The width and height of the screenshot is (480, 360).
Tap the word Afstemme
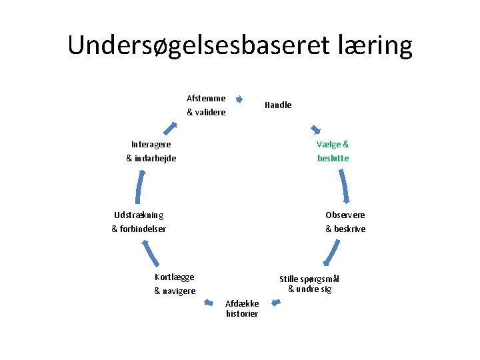(206, 98)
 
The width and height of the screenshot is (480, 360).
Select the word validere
(210, 113)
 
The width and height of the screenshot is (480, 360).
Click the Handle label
(278, 105)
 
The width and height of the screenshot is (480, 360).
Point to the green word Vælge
(329, 144)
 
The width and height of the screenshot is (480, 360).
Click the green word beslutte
(333, 159)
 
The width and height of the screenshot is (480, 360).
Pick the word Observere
(345, 215)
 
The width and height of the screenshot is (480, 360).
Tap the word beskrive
(349, 229)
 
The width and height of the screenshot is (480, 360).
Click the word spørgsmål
(321, 279)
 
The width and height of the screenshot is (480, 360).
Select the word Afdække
(242, 303)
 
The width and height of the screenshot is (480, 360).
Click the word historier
(242, 314)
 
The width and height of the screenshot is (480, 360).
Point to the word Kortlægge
(174, 277)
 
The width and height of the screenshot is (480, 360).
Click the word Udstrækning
(139, 215)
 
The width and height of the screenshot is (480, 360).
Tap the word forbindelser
(143, 229)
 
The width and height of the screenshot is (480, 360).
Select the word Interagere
(151, 144)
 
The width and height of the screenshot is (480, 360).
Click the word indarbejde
(155, 159)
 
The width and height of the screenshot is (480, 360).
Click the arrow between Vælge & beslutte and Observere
(344, 187)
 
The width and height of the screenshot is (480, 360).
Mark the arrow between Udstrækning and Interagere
(139, 187)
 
